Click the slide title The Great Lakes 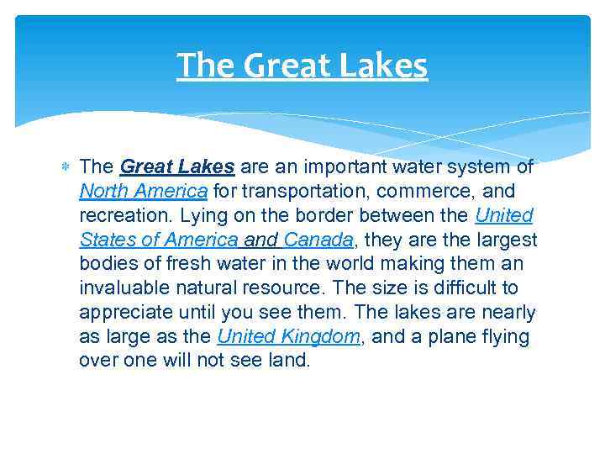[x=302, y=65]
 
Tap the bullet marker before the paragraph [x=66, y=166]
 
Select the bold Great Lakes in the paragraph [x=176, y=166]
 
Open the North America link [x=144, y=191]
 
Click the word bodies [x=108, y=264]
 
